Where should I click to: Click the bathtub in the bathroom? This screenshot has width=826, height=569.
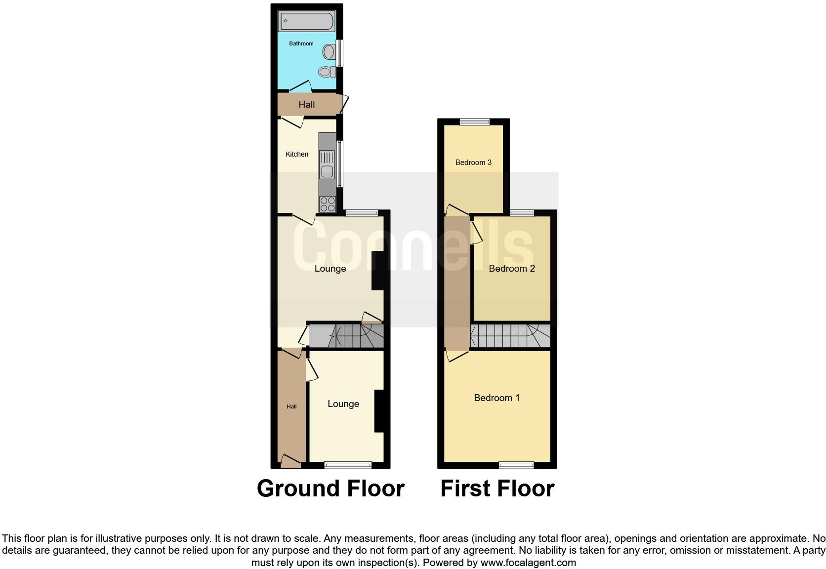coord(307,22)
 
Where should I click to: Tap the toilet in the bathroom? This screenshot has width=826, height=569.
coord(326,72)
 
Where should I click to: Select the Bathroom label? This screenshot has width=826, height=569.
coord(301,44)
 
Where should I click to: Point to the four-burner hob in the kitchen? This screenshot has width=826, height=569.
coord(327,204)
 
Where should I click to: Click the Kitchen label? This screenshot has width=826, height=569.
coord(297,155)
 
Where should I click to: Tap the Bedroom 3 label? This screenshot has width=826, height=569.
coord(473,163)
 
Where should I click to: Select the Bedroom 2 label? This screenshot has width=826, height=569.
coord(512,269)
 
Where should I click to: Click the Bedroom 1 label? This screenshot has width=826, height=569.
coord(496,398)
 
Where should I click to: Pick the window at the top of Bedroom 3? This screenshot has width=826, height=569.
coord(474,122)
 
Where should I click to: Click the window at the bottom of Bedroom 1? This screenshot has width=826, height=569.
coord(516,465)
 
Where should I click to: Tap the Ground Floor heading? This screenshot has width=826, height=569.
coord(330,488)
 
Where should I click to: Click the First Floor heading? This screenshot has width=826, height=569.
coord(497,488)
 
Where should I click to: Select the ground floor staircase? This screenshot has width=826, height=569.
coord(346,336)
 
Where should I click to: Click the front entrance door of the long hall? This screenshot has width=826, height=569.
coord(290,462)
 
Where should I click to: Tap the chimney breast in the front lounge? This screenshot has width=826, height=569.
coord(379,411)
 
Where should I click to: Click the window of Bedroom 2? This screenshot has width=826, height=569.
coord(522,213)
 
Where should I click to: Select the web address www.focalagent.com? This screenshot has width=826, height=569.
coord(528,563)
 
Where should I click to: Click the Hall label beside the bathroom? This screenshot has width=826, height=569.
coord(306,105)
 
